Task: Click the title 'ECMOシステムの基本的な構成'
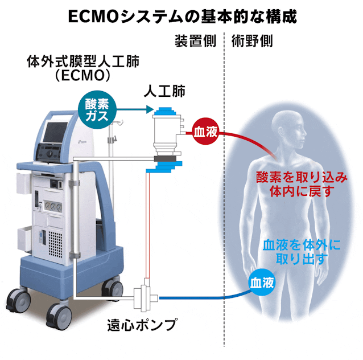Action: pos(182,15)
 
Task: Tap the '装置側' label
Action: pos(194,42)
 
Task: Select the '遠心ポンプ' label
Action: pos(142,328)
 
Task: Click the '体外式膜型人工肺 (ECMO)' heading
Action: pos(82,68)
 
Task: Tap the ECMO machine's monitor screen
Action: pos(60,137)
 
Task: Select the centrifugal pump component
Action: pos(144,296)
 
